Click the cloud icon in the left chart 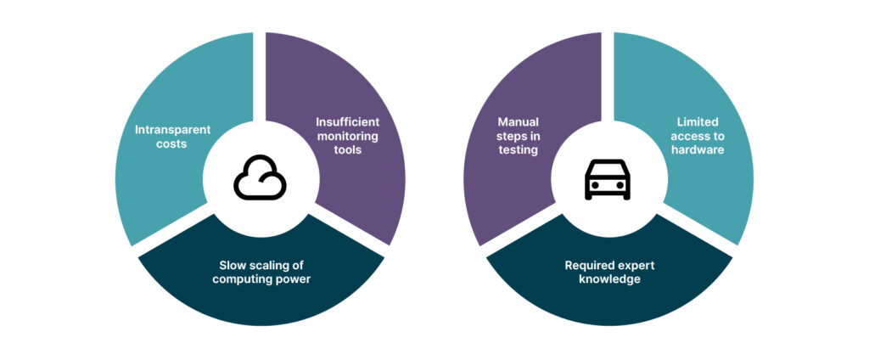click(260, 180)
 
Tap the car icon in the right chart click(608, 180)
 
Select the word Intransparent click(172, 130)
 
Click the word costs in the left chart click(172, 146)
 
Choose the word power click(294, 279)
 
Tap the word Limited click(696, 121)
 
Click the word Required click(591, 265)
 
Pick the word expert click(636, 265)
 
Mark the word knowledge click(609, 279)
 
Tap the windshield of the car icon click(608, 169)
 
